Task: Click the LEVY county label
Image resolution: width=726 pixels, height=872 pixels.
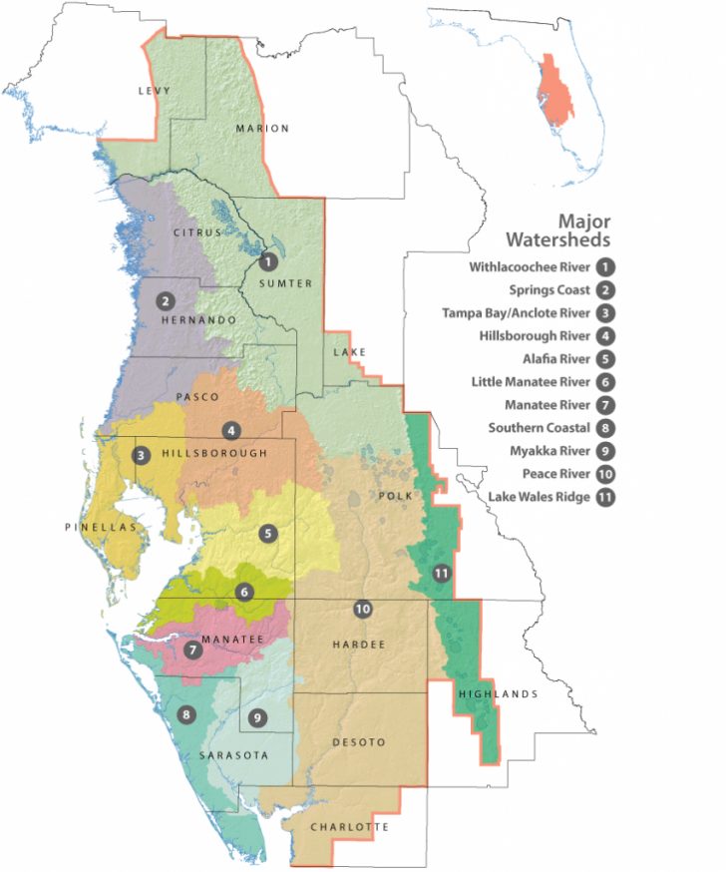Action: coord(155,91)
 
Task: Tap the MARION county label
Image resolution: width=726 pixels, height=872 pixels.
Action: coord(262,128)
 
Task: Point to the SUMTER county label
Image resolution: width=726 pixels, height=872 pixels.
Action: coord(286,283)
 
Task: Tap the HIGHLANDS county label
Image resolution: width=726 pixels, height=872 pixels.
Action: coord(499,694)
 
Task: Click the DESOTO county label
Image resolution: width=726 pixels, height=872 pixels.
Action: coord(357,741)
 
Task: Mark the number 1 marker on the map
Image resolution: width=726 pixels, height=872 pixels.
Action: coord(266,262)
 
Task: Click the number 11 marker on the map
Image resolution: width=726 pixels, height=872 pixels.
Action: coord(443,573)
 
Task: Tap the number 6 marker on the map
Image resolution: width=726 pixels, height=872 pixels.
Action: coord(245,592)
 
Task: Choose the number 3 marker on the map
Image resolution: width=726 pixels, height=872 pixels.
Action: coord(142,455)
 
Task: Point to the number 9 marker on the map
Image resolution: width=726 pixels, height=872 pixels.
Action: coord(257,716)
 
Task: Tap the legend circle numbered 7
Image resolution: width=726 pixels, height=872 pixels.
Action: coord(603,405)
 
